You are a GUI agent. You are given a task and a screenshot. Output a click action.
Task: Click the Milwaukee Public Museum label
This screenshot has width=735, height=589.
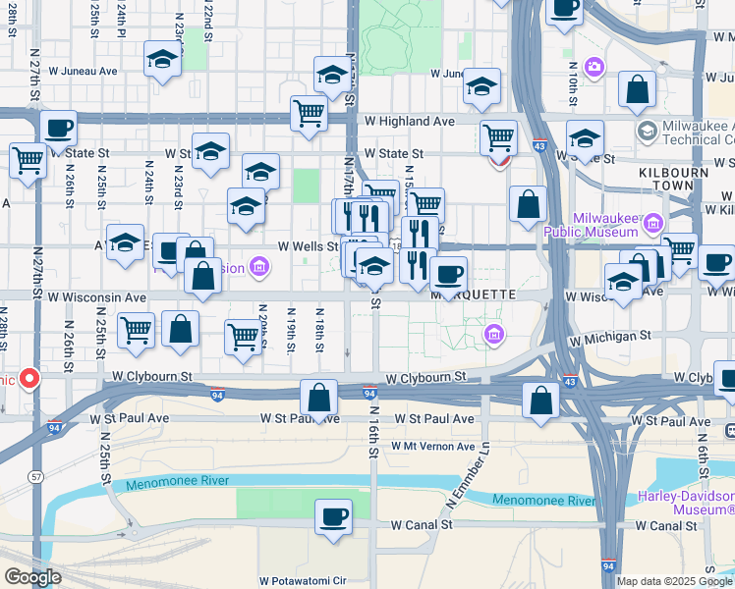point(593,227)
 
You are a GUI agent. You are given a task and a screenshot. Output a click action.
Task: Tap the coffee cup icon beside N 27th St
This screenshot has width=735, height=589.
point(59,129)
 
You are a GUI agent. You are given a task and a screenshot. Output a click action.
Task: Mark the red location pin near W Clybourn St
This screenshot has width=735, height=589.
point(29,377)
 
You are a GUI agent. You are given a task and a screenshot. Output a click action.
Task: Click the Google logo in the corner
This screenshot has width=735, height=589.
point(32,577)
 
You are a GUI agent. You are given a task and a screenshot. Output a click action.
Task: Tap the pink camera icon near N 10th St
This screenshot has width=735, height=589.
point(594,67)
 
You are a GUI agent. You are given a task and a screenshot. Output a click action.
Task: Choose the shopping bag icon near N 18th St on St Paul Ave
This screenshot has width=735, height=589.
point(319,399)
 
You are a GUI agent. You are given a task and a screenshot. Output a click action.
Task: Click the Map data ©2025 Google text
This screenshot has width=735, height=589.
point(674,581)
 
